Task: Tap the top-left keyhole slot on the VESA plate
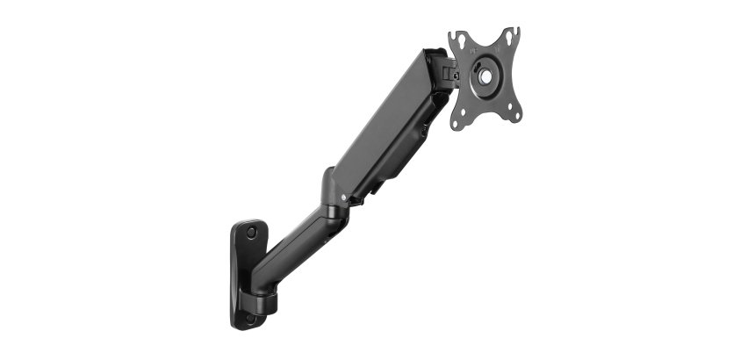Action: click(x=457, y=39)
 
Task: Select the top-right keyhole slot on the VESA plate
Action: click(x=512, y=35)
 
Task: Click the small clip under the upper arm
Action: click(x=379, y=187)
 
